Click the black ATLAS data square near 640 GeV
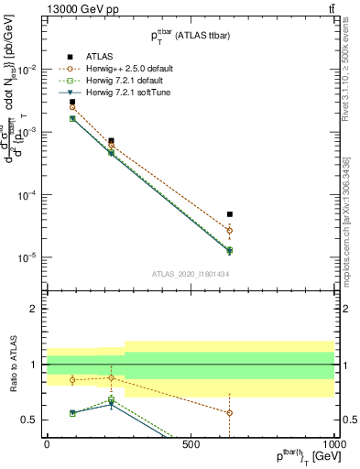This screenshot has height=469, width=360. click(x=230, y=214)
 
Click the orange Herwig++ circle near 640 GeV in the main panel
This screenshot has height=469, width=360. click(x=230, y=231)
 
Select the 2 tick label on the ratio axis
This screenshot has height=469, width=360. click(x=35, y=310)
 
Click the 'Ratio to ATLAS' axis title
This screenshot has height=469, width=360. click(x=12, y=364)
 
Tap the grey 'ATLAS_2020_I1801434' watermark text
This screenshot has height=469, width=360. click(x=190, y=275)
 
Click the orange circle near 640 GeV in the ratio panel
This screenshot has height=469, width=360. click(x=230, y=413)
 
